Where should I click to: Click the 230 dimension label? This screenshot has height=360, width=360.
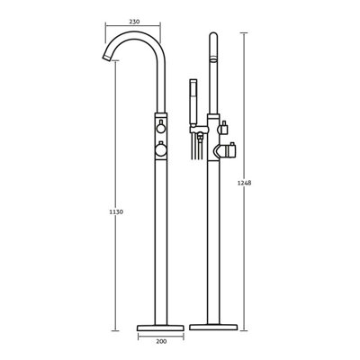[x=134, y=22]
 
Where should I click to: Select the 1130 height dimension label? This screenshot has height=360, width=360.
[x=116, y=211]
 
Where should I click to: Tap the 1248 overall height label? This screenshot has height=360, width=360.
[x=244, y=183]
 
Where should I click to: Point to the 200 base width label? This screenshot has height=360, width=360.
[x=161, y=341]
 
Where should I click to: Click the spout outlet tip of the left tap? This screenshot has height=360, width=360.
[x=106, y=57]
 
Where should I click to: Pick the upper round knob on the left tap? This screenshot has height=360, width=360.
[x=161, y=129]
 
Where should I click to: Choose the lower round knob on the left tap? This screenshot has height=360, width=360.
[x=161, y=149]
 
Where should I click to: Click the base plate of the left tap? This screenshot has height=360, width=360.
[x=160, y=328]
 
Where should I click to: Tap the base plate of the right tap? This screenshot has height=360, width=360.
[x=213, y=327]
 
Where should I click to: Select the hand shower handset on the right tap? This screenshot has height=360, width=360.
[x=193, y=103]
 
